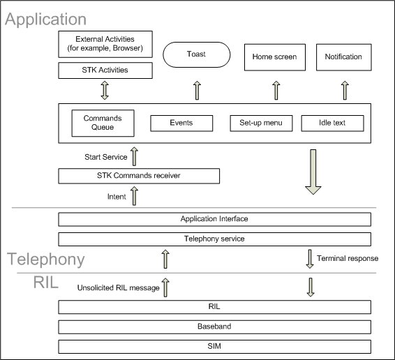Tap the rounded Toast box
[x=196, y=55]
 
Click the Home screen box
[x=275, y=57]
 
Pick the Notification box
[x=343, y=57]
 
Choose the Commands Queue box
[x=103, y=123]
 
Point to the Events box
[x=181, y=123]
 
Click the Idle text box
[x=333, y=123]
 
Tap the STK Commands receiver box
[x=139, y=175]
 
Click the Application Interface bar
[x=214, y=219]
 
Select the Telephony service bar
[x=214, y=239]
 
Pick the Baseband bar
[x=214, y=326]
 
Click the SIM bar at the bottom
[x=214, y=346]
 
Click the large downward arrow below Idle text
[x=312, y=171]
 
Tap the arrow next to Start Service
[x=135, y=156]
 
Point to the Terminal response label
[x=347, y=258]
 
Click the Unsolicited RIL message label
[x=119, y=288]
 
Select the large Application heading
[x=46, y=20]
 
